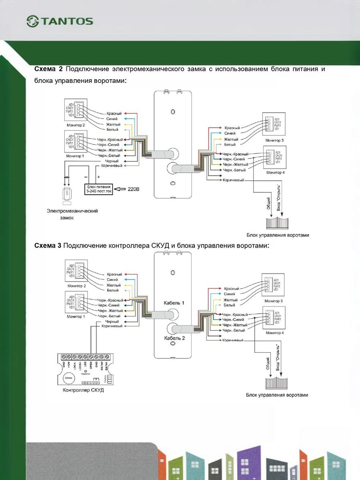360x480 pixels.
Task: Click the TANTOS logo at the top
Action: point(60,21)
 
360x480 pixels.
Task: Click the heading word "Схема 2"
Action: point(47,69)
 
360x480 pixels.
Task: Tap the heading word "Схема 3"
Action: point(48,245)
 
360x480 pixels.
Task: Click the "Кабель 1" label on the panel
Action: point(174,303)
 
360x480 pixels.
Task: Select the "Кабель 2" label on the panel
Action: point(174,338)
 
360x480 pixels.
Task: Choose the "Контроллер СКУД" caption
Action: point(83,390)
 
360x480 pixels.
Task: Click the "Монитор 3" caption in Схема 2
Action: point(274,140)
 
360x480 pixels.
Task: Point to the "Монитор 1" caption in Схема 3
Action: point(76,316)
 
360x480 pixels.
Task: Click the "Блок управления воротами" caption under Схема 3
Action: point(277,395)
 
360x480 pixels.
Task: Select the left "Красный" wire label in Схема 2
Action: point(114,114)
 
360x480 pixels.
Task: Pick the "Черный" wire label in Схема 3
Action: point(112,322)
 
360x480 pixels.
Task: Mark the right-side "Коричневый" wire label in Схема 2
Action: point(233,180)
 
